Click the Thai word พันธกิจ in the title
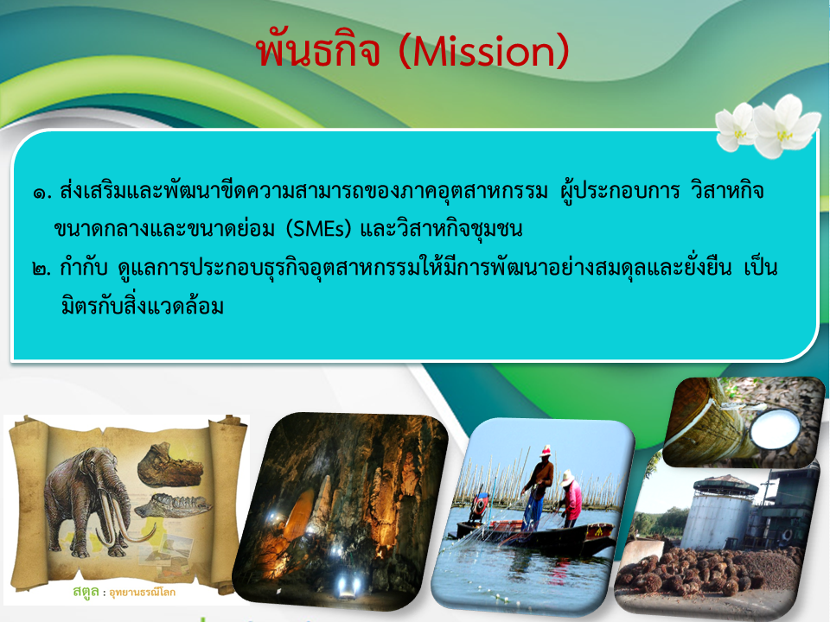pos(318,50)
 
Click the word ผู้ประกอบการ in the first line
pos(620,192)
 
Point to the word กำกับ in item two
pos(84,267)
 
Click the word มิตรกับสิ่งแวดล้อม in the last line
pos(143,306)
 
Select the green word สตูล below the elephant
pos(86,591)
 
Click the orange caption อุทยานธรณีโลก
pos(142,592)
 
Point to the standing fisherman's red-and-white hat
pos(546,450)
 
